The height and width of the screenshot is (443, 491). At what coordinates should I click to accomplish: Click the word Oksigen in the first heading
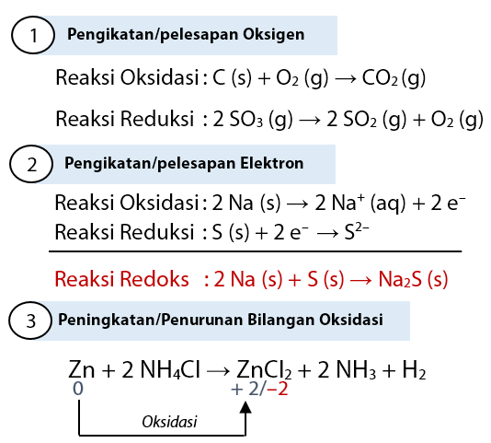(x=273, y=34)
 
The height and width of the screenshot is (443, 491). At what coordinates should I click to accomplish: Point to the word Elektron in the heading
(x=272, y=163)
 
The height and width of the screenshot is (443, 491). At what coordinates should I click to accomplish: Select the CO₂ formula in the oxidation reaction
(x=380, y=77)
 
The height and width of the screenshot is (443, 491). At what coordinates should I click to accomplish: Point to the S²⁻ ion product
(x=357, y=231)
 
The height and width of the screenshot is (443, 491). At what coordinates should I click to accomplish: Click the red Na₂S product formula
(x=400, y=278)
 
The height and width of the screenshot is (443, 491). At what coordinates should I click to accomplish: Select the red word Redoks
(x=154, y=278)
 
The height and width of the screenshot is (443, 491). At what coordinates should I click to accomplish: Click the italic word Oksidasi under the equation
(x=169, y=421)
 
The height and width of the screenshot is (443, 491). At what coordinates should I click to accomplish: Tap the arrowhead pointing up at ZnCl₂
(x=245, y=407)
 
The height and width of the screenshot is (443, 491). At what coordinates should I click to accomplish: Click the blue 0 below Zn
(x=78, y=389)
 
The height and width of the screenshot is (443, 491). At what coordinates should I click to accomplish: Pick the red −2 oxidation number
(x=278, y=389)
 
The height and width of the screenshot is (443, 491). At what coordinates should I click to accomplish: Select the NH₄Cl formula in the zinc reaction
(x=170, y=369)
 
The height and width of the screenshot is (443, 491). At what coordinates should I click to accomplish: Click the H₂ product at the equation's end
(x=414, y=369)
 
